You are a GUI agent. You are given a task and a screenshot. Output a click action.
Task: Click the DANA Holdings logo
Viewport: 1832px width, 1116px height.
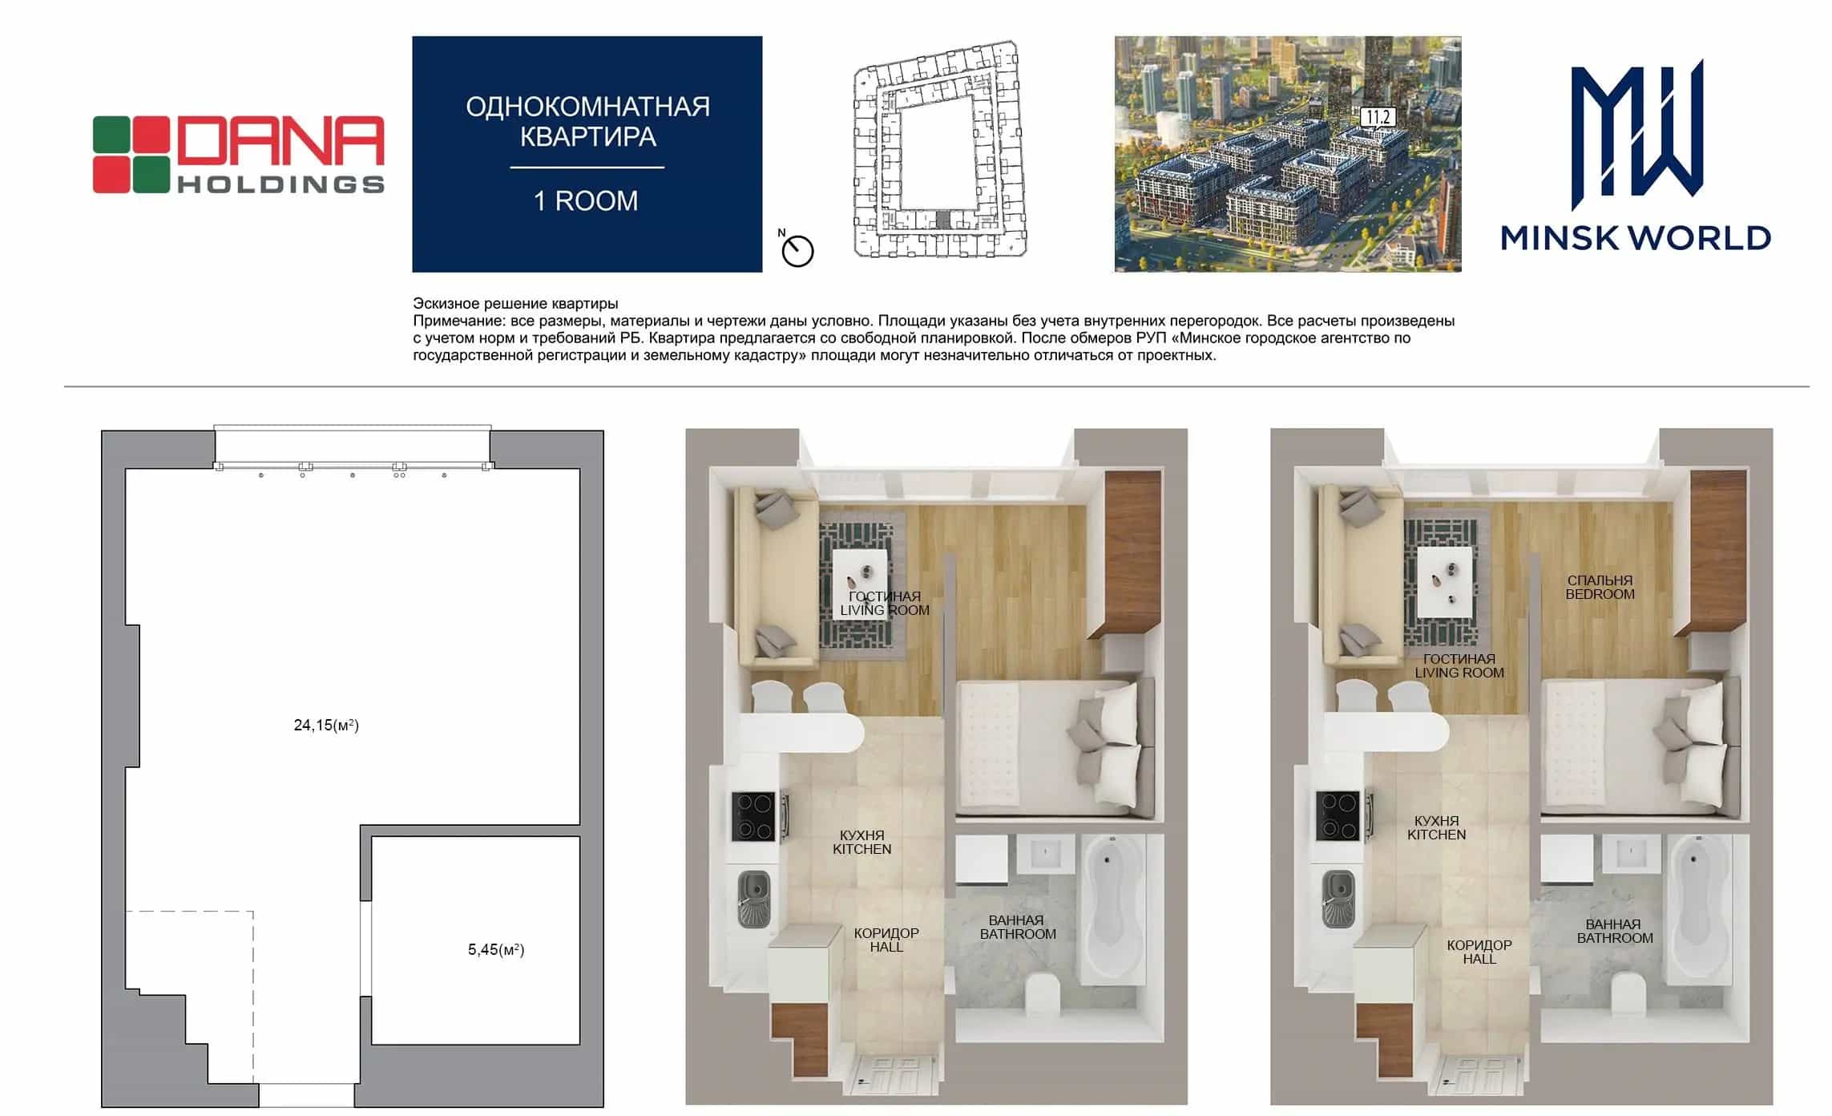point(239,154)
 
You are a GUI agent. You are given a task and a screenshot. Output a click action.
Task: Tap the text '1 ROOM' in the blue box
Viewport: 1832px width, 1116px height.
point(587,200)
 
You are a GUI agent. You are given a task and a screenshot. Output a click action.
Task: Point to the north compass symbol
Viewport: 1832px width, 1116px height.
point(797,249)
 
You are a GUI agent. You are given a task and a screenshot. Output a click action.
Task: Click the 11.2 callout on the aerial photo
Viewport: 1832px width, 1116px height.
point(1378,118)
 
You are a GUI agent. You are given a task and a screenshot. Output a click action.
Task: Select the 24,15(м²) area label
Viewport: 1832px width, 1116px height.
point(326,725)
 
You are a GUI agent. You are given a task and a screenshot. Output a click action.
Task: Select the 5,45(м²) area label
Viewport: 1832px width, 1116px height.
point(496,949)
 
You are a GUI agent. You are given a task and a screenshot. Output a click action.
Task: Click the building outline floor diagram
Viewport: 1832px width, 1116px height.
point(939,149)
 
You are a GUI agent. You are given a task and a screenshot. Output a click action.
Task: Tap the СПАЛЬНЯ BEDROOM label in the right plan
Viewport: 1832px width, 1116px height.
point(1600,587)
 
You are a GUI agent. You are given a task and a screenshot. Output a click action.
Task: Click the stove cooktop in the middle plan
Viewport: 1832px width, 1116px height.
point(753,816)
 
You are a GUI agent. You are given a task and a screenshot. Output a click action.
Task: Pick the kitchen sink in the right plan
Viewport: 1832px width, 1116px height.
point(1338,898)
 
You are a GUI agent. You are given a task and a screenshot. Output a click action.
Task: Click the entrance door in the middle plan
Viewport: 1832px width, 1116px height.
point(892,1076)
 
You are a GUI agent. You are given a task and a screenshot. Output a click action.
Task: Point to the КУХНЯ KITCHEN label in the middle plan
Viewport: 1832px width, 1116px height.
point(862,842)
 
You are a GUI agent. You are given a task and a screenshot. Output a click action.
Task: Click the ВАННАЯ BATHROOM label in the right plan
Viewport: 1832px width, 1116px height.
point(1615,931)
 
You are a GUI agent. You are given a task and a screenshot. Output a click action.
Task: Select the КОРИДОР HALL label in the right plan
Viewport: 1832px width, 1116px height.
point(1479,952)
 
